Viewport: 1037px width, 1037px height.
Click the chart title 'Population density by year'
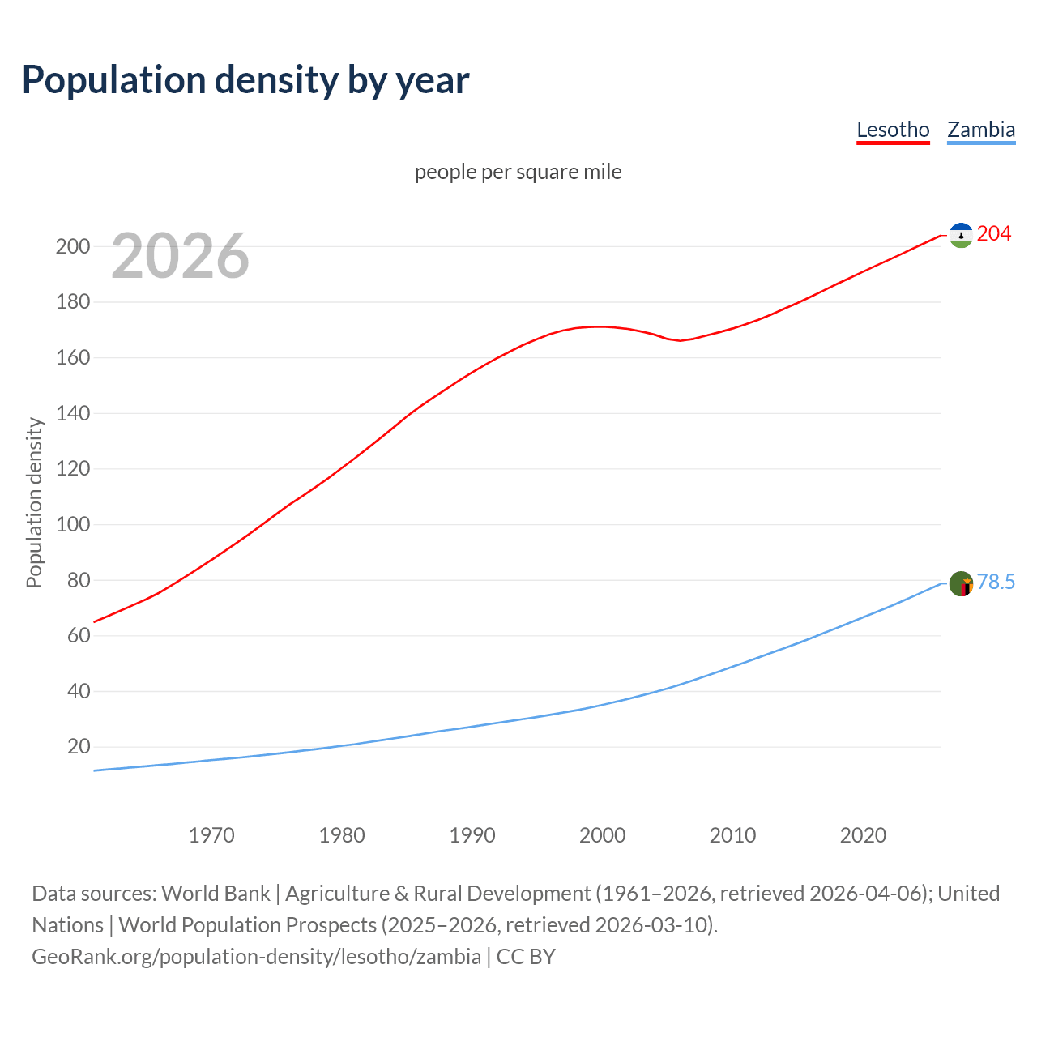[x=245, y=79]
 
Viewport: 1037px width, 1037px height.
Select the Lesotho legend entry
[x=893, y=130]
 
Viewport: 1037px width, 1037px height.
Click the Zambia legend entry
[x=981, y=130]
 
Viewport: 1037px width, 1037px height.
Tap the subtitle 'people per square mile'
[x=518, y=172]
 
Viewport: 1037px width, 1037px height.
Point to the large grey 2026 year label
[x=180, y=256]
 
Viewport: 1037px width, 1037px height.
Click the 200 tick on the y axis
[x=73, y=246]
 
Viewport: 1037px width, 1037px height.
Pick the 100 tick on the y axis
[x=73, y=524]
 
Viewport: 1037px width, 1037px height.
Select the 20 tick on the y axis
[x=79, y=746]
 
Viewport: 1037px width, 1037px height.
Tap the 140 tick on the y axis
[x=73, y=413]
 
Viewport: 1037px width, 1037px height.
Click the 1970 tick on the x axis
[x=211, y=835]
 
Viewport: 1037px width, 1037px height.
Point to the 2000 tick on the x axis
[x=602, y=835]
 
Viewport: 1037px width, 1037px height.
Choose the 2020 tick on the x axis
[x=863, y=835]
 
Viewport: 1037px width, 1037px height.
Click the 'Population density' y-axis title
[x=34, y=502]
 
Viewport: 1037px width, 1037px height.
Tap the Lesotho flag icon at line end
[x=961, y=235]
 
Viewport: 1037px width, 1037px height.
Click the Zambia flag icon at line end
[x=961, y=583]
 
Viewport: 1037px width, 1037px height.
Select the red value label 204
[x=994, y=234]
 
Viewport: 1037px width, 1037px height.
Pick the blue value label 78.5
[x=996, y=583]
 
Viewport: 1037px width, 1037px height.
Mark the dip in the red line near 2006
[x=680, y=340]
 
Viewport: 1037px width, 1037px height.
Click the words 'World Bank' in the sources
[x=216, y=894]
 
